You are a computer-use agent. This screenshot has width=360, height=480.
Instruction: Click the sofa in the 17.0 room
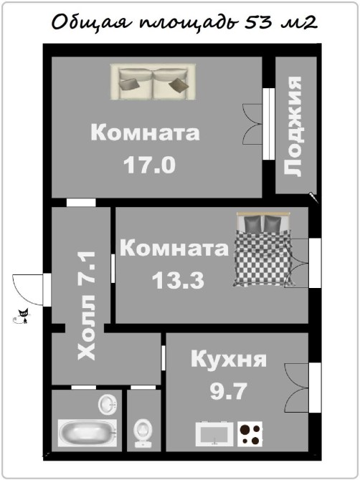click(x=153, y=82)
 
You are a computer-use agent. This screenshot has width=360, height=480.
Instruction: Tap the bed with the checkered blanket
click(x=263, y=249)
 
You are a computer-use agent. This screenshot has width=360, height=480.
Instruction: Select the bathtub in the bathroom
click(x=87, y=433)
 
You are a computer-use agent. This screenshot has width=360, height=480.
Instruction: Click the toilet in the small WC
click(x=143, y=433)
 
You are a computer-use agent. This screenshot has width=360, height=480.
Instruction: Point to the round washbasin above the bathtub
click(x=108, y=404)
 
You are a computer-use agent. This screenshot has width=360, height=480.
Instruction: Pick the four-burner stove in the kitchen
click(x=250, y=433)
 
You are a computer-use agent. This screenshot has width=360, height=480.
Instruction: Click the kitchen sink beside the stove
click(x=214, y=433)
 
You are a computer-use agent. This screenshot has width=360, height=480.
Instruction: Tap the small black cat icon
click(x=22, y=316)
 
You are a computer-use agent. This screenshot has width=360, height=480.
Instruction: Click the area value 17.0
click(x=149, y=165)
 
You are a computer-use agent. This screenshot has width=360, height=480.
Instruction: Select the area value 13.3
click(x=178, y=280)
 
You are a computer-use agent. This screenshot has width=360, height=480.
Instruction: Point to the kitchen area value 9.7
click(x=229, y=391)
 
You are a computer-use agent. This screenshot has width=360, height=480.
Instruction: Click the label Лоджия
click(x=293, y=126)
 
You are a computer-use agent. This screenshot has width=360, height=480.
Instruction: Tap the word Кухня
click(x=229, y=359)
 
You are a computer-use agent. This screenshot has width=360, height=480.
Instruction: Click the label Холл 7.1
click(x=87, y=305)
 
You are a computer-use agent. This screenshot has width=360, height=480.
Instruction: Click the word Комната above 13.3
click(x=174, y=248)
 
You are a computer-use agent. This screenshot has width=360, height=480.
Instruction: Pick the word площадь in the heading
click(x=189, y=23)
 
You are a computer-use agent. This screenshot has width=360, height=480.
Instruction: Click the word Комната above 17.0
click(x=146, y=133)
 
